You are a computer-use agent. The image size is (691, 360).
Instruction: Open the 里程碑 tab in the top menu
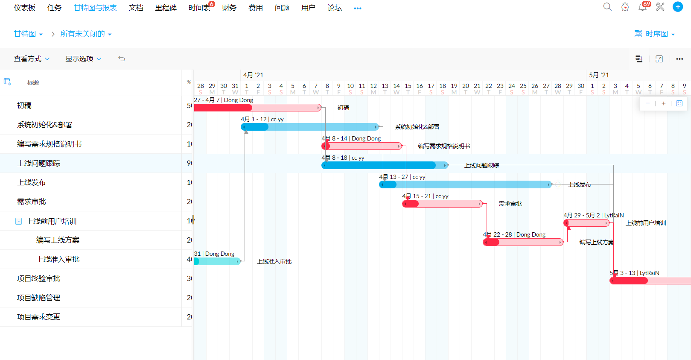[x=166, y=8]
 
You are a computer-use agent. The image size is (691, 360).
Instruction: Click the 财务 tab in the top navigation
[x=229, y=8]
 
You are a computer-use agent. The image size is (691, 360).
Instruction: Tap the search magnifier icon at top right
[x=607, y=7]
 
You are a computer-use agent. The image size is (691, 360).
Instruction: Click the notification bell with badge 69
[x=642, y=7]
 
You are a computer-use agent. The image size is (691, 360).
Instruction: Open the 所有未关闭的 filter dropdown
[x=85, y=34]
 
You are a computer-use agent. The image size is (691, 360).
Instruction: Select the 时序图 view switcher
[x=655, y=34]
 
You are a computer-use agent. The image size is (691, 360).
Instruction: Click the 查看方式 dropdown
[x=32, y=59]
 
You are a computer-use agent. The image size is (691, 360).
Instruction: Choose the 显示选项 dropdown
[x=83, y=59]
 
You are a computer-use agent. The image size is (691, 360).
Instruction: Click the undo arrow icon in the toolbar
[x=122, y=59]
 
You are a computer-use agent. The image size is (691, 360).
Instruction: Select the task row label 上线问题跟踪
[x=39, y=164]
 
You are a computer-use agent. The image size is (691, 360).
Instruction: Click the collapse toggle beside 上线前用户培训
[x=18, y=221]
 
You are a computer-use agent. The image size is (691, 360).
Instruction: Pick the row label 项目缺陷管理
[x=39, y=298]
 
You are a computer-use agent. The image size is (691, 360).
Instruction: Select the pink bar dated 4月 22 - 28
[x=523, y=242]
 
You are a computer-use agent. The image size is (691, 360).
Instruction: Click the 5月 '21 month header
[x=599, y=75]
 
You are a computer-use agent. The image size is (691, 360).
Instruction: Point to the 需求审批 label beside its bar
[x=510, y=204]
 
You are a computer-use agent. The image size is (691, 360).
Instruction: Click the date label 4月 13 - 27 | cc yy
[x=402, y=177]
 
